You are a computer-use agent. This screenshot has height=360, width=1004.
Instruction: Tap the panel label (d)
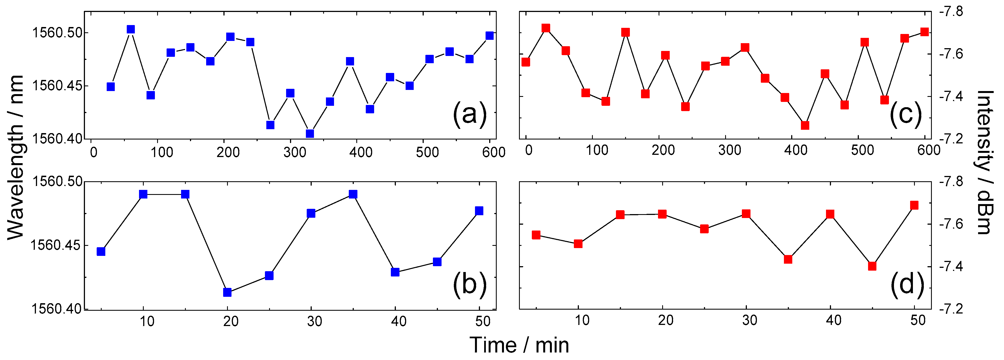pyautogui.click(x=907, y=285)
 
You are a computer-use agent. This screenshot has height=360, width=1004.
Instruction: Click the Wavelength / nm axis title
pyautogui.click(x=16, y=158)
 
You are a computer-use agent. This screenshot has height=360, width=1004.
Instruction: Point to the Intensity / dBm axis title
pyautogui.click(x=985, y=162)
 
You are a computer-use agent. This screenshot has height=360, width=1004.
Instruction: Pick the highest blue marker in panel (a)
pyautogui.click(x=131, y=30)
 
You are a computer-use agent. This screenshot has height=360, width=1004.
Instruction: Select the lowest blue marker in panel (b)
pyautogui.click(x=227, y=292)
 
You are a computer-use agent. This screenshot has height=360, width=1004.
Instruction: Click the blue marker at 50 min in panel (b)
pyautogui.click(x=479, y=211)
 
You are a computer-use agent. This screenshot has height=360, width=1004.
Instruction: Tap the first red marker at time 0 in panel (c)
pyautogui.click(x=526, y=62)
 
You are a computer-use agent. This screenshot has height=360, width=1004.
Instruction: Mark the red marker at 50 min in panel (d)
pyautogui.click(x=914, y=205)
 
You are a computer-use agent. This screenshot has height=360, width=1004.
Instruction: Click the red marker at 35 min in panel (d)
pyautogui.click(x=788, y=259)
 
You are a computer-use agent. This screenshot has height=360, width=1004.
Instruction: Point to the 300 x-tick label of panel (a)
pyautogui.click(x=295, y=152)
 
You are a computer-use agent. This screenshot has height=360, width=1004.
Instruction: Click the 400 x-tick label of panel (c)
pyautogui.click(x=795, y=150)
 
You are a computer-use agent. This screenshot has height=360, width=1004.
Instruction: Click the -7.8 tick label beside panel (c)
pyautogui.click(x=951, y=12)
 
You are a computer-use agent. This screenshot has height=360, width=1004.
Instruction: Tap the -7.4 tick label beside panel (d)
pyautogui.click(x=951, y=267)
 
